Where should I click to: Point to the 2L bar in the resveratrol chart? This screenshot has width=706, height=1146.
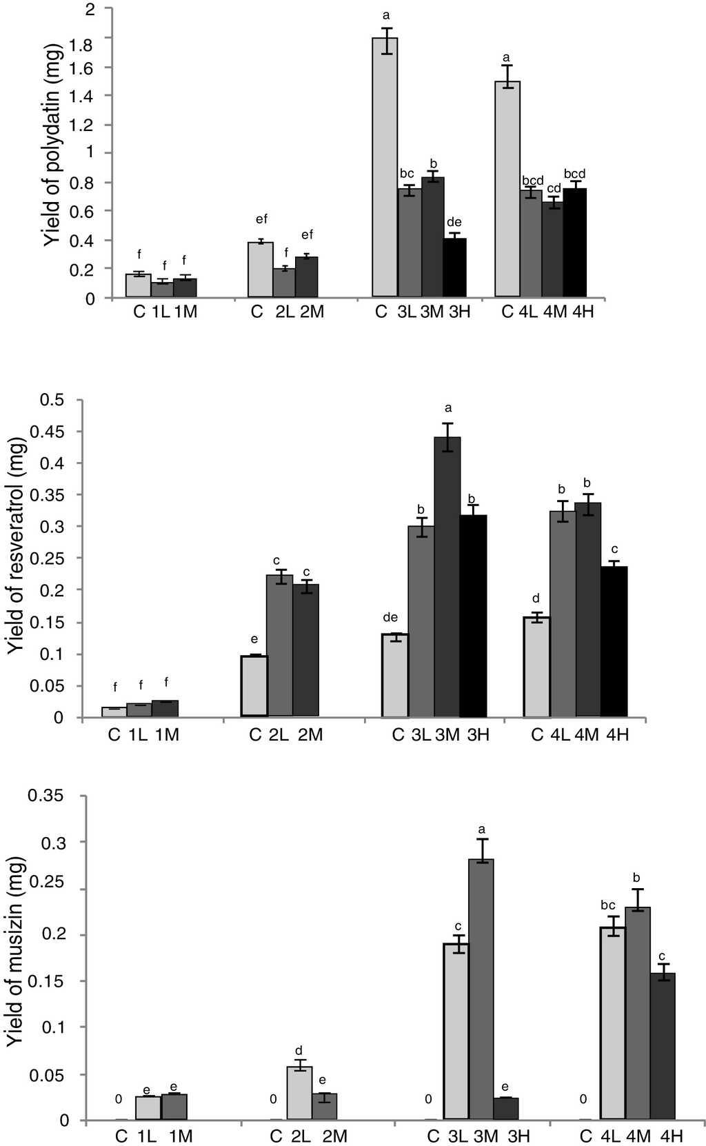tap(280, 645)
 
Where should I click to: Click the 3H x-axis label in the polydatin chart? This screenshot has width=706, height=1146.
tap(460, 312)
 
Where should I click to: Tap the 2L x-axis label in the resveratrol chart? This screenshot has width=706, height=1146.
tap(278, 734)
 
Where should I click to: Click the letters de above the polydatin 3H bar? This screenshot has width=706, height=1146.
tap(454, 222)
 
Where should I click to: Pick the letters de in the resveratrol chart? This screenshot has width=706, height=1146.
tap(395, 617)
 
